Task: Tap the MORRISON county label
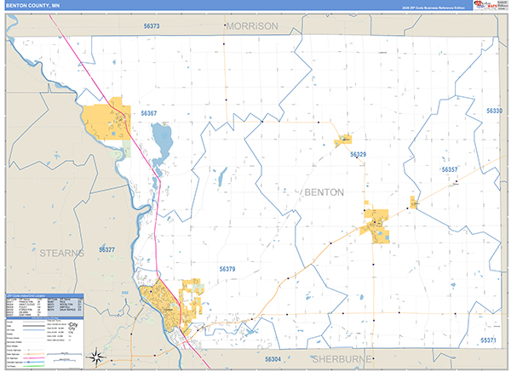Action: coord(252,26)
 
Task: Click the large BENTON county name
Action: coord(323,192)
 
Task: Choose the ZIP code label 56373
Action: coord(152,26)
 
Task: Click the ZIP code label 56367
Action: coord(149,113)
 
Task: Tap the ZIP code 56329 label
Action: coord(358,154)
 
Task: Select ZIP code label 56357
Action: coord(450,170)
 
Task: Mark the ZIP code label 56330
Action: coord(494,111)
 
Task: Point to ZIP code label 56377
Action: coord(106,249)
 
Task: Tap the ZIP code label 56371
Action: coord(487,340)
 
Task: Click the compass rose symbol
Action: coord(99,356)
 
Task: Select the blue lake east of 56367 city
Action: coord(161,136)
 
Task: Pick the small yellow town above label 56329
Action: coord(343,139)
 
